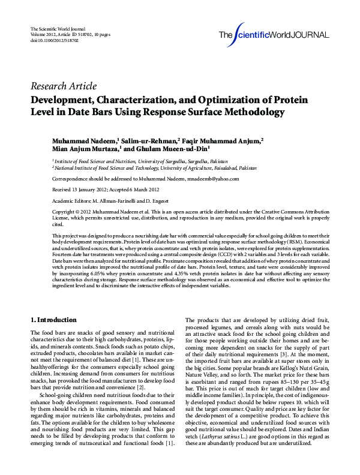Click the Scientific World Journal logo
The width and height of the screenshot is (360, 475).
tap(274, 34)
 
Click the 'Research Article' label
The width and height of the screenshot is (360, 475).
tap(63, 86)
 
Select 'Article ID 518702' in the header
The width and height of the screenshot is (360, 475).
tap(74, 34)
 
